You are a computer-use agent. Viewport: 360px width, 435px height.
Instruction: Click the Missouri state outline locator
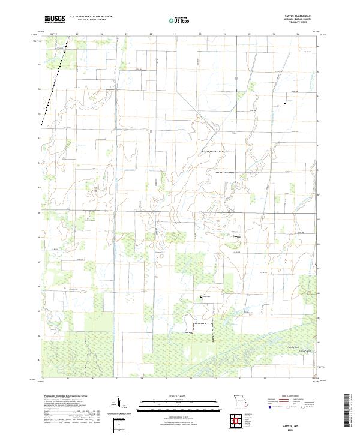pyautogui.click(x=241, y=401)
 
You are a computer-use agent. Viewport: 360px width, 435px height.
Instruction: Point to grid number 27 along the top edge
pyautogui.click(x=126, y=34)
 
